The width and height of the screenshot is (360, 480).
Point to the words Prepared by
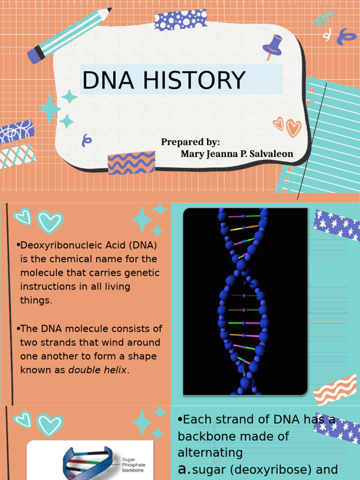tap(190, 142)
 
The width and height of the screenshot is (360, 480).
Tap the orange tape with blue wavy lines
tap(131, 163)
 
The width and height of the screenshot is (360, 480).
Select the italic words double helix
tap(97, 370)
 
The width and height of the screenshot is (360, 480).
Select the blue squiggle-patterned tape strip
tap(16, 132)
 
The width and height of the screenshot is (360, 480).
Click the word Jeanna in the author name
tap(222, 154)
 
